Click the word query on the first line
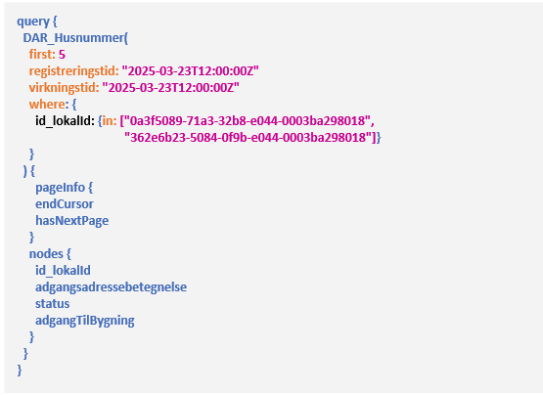pos(33,22)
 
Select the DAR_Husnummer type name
pos(73,38)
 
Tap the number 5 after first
pos(62,55)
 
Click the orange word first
pos(41,55)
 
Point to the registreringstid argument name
pos(72,71)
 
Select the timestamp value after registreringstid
pos(190,71)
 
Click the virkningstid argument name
pos(63,88)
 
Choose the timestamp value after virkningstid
pos(170,88)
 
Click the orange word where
pos(47,105)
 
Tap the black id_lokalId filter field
pos(64,121)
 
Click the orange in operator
pos(108,121)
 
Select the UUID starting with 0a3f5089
pos(248,121)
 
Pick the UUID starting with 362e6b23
pos(248,138)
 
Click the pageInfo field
pos(61,188)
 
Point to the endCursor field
pos(65,204)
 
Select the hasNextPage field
pos(72,221)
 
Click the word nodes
pos(46,254)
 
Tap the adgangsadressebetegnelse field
pos(111,287)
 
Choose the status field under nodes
pos(52,304)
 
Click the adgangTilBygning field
pos(85,321)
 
